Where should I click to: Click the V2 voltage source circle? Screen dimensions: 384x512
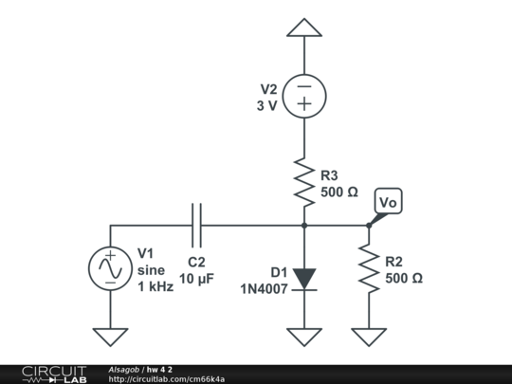tap(303, 96)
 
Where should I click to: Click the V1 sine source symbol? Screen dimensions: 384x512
tap(110, 269)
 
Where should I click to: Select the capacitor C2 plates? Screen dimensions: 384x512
tap(196, 226)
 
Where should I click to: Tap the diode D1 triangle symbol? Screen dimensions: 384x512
tap(303, 278)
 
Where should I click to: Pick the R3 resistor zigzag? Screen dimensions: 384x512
tap(303, 182)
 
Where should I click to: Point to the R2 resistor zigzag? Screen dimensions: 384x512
tap(369, 269)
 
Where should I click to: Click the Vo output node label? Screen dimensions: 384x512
tap(388, 203)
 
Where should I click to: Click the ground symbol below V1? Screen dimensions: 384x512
tap(110, 336)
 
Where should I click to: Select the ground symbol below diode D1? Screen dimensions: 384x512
tap(303, 336)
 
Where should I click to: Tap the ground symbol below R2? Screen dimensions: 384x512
tap(369, 336)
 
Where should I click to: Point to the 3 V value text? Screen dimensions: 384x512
tap(266, 106)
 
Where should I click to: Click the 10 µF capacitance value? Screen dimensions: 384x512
tap(196, 281)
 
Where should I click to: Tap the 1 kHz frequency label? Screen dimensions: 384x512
tap(155, 286)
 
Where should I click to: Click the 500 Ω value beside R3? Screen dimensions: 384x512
tap(339, 192)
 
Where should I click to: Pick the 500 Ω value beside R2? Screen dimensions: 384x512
tap(404, 279)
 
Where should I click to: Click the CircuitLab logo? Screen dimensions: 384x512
tap(54, 374)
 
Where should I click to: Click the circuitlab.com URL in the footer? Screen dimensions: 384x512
tap(167, 379)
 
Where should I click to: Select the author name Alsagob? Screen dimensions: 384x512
tap(124, 369)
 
